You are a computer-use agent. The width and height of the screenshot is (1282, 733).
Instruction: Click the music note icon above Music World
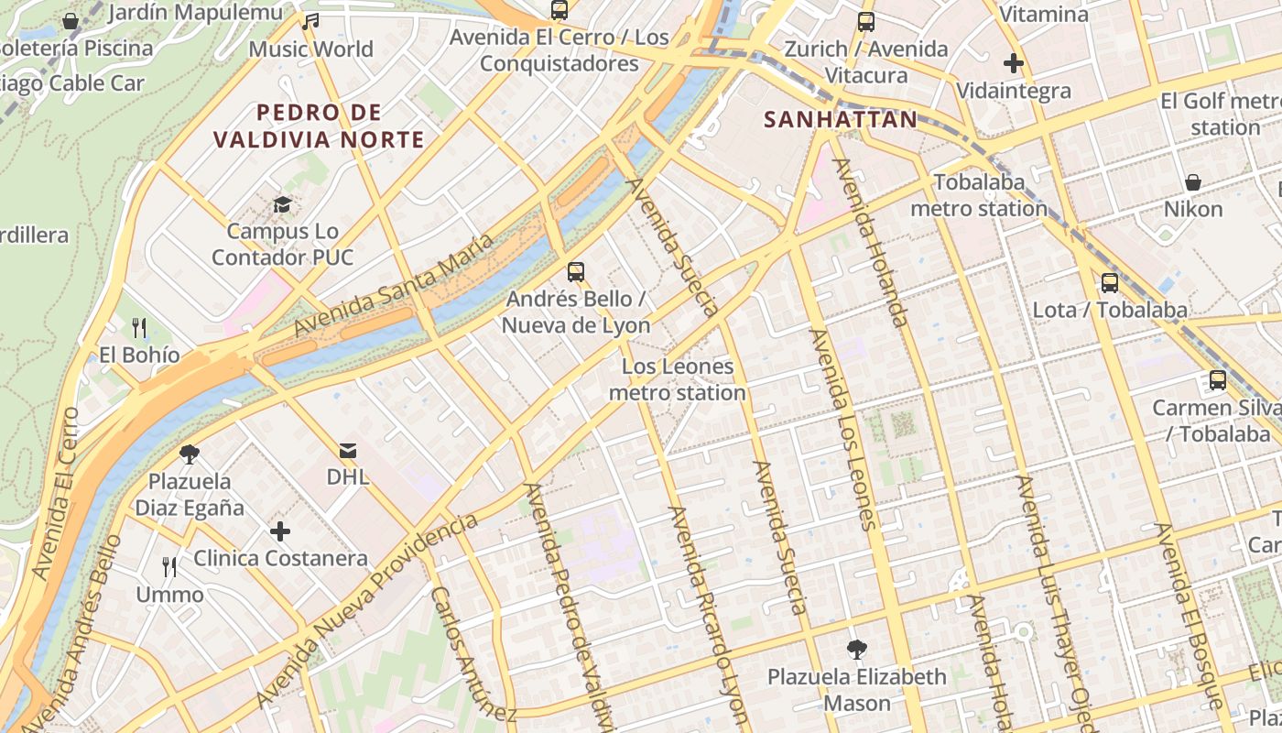click(310, 21)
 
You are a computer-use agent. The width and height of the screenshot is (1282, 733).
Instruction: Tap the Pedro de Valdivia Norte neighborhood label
click(319, 126)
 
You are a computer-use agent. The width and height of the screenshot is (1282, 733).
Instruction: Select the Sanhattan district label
click(840, 120)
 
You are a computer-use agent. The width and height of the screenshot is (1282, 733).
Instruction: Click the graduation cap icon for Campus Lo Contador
click(282, 204)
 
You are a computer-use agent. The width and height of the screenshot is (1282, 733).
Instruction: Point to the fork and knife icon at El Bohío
click(139, 327)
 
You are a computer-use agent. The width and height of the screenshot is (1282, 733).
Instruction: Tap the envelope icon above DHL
click(348, 450)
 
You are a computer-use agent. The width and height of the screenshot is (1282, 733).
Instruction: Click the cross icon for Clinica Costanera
click(280, 531)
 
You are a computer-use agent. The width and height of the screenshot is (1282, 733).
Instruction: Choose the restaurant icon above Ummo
click(169, 567)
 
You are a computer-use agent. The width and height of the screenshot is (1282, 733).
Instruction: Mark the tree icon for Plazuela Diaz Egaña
click(190, 454)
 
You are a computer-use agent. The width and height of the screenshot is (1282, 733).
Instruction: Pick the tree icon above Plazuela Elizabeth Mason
click(857, 650)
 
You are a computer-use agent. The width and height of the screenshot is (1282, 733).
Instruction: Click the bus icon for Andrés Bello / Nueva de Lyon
click(576, 271)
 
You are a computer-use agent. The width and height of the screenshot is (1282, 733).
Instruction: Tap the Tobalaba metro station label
click(978, 195)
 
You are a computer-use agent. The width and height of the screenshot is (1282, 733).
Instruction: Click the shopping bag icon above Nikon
click(1193, 182)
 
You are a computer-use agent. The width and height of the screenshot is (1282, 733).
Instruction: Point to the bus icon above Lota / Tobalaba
click(1110, 283)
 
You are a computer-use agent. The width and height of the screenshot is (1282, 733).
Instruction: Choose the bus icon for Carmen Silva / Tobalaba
click(1218, 380)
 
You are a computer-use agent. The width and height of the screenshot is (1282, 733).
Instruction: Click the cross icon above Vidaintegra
click(1013, 63)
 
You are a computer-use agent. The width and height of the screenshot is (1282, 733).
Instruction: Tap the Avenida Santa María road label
click(394, 284)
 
